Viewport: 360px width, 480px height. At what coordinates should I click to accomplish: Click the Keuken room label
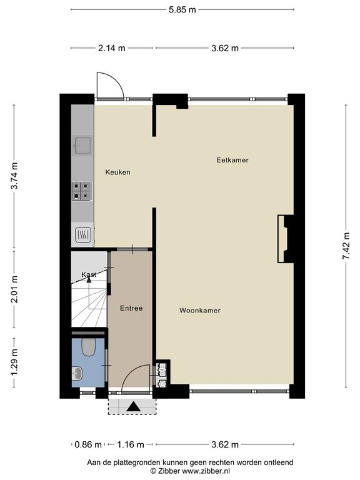pos(118,172)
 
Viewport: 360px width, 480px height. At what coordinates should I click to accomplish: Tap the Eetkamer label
pos(232,160)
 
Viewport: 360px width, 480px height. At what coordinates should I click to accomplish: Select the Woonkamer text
pos(200,311)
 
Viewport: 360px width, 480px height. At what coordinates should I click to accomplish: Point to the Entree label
pos(131,308)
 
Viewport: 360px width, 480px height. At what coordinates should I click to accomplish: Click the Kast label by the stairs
pos(89,274)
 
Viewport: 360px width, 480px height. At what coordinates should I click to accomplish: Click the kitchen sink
pos(82,145)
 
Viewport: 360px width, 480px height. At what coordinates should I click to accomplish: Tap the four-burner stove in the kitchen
pos(82,191)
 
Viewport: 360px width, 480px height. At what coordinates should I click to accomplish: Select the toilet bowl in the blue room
pos(89,347)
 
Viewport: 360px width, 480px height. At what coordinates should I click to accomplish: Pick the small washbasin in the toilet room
pos(77,373)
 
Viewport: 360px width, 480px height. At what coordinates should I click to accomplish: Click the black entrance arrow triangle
pos(134,406)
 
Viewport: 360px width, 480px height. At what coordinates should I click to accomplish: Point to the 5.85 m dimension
pos(182,9)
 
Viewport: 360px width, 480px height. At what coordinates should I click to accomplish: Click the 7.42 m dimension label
pos(346,246)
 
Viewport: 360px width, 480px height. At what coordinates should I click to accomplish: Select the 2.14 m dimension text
pos(112,48)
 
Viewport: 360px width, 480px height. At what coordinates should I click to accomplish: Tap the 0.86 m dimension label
pos(88,444)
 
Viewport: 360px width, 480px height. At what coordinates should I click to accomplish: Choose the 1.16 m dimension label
pos(131,444)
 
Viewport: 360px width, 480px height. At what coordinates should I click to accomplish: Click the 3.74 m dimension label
pos(14,176)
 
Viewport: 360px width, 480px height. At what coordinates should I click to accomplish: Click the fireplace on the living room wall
pos(286,239)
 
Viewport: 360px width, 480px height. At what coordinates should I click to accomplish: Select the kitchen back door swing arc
pos(117,80)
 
